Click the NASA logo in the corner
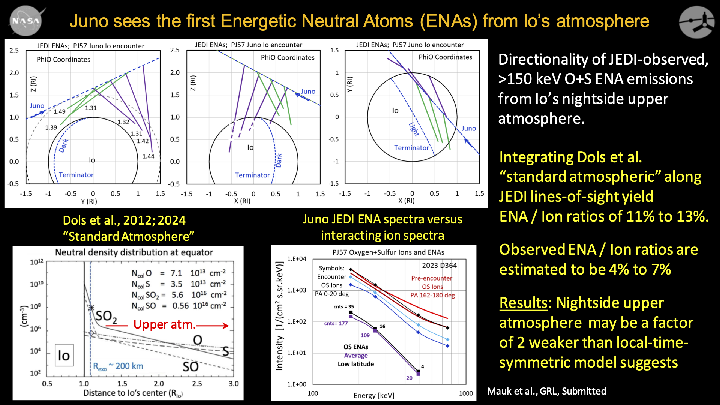click(25, 21)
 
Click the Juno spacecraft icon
click(697, 22)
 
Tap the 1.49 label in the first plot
click(60, 111)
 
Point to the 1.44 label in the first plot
click(148, 156)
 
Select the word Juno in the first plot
click(37, 106)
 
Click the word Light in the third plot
click(414, 129)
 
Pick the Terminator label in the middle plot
click(252, 175)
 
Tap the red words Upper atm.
click(164, 324)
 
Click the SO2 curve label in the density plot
click(106, 316)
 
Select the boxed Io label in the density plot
click(64, 355)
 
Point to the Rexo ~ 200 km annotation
click(118, 366)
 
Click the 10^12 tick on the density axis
click(37, 262)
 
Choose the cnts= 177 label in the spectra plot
click(336, 323)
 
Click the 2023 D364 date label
click(439, 265)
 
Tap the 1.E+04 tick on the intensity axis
click(297, 259)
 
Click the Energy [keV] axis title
click(374, 396)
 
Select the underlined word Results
click(523, 303)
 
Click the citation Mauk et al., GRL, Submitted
click(546, 391)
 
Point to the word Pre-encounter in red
click(432, 278)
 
